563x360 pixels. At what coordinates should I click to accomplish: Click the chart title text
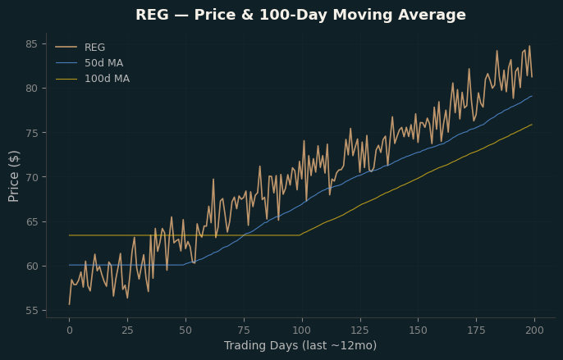300,15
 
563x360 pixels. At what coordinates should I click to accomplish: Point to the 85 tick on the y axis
31,44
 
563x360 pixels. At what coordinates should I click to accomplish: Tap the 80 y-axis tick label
31,89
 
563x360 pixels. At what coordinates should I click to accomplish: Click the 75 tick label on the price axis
31,133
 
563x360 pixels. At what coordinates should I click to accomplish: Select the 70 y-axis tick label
31,177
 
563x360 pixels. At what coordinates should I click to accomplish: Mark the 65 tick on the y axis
31,221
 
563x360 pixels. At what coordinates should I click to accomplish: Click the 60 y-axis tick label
31,266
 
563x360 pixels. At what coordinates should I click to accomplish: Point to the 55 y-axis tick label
31,311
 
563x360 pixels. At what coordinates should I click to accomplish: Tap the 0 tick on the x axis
69,330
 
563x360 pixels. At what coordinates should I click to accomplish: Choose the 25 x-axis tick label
127,330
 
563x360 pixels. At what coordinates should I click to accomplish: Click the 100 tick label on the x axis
302,330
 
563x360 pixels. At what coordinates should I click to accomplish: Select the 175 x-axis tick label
477,330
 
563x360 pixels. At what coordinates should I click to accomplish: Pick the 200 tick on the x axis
534,330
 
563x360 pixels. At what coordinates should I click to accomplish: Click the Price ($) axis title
14,176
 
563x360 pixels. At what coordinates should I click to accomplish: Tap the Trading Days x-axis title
300,345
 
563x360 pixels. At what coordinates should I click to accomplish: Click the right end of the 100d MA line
532,125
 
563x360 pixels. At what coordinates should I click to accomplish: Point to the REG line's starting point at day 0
69,304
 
